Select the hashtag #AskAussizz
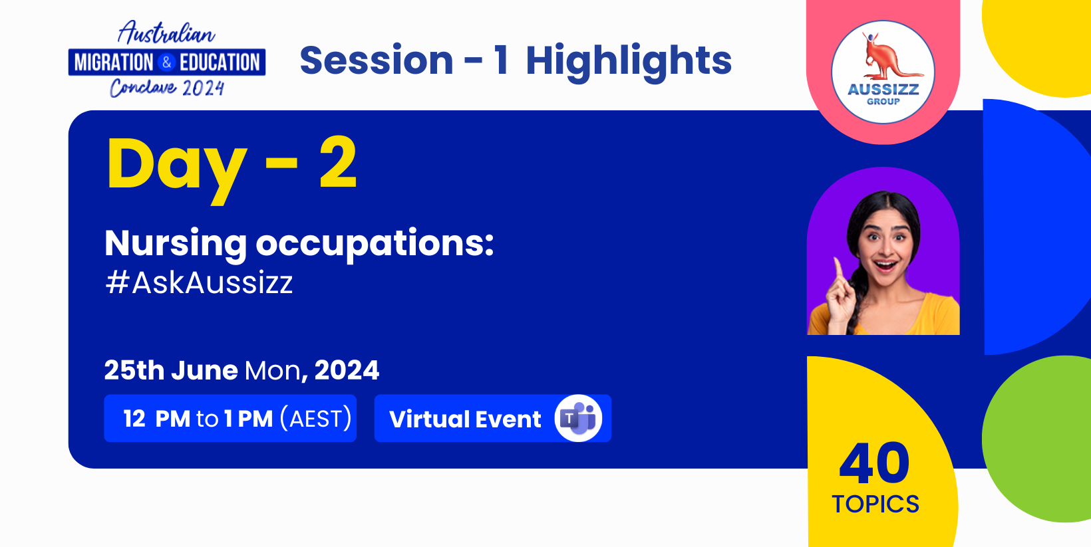[x=199, y=282]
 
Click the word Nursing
[x=176, y=244]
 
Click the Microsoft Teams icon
[x=578, y=418]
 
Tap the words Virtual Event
[x=465, y=419]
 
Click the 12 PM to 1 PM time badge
[x=230, y=418]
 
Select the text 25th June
[x=171, y=370]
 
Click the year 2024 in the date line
[x=347, y=370]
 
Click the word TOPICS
[x=875, y=504]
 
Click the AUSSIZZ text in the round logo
[x=883, y=90]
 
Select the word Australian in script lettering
[x=166, y=33]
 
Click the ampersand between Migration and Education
[x=166, y=62]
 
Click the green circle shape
[x=1036, y=439]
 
